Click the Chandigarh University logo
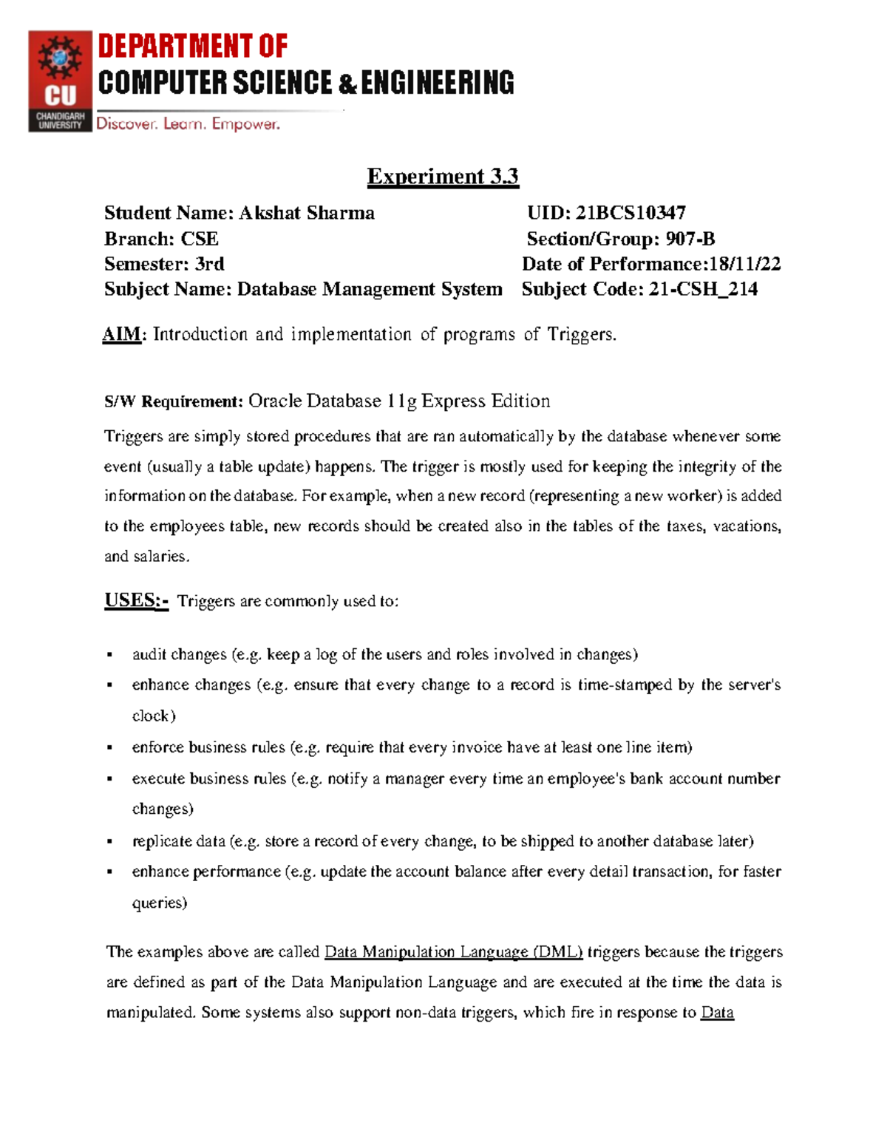click(x=60, y=81)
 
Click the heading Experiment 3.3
click(x=443, y=177)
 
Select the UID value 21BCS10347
click(x=631, y=213)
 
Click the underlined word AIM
click(x=121, y=335)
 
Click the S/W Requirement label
click(x=174, y=401)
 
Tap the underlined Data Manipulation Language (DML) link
click(x=453, y=951)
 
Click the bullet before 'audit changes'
click(x=109, y=655)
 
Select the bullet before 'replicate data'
click(x=109, y=841)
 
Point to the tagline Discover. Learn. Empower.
click(x=188, y=124)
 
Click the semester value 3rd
click(x=209, y=264)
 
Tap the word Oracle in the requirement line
click(x=275, y=401)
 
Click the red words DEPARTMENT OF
click(x=192, y=47)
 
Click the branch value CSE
click(x=200, y=239)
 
